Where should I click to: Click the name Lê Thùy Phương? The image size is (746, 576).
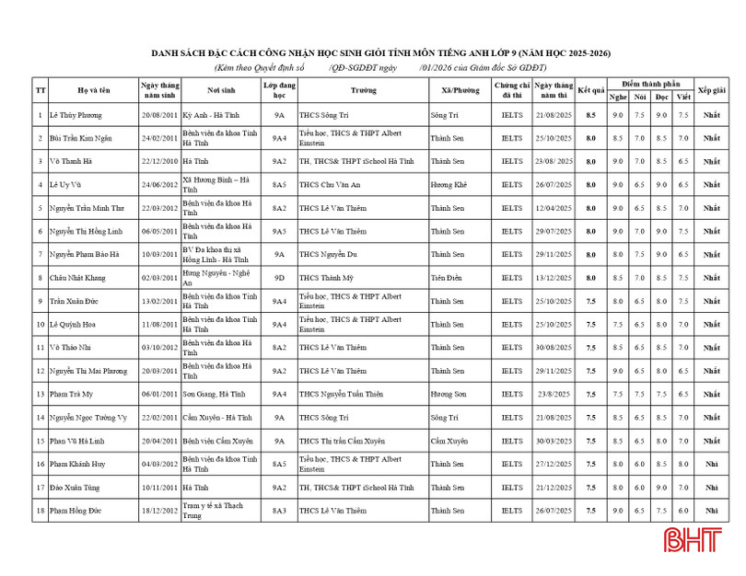coord(76,115)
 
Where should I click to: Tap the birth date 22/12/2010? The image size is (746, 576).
coord(159,161)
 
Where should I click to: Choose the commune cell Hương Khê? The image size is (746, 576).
coord(449,184)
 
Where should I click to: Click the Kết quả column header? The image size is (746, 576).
coord(590,90)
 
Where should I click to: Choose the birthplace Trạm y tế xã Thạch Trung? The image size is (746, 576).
coord(213,510)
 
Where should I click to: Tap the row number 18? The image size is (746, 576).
coord(41,510)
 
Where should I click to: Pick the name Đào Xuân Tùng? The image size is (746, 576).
coord(76,487)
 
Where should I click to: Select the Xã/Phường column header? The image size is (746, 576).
coord(460,90)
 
